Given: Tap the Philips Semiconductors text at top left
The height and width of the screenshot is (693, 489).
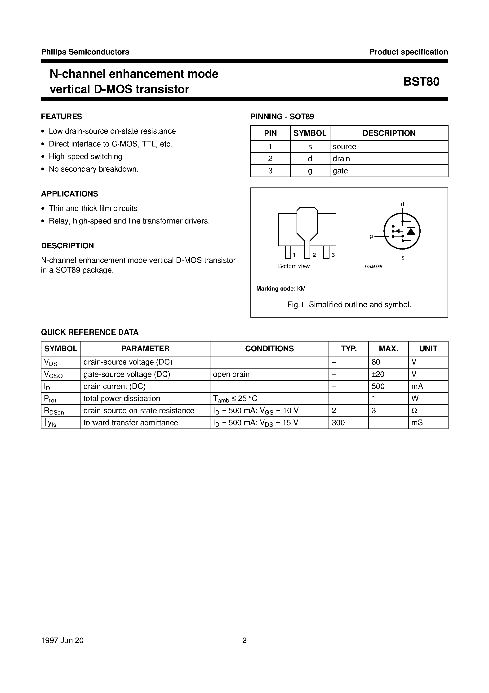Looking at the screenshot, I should pyautogui.click(x=85, y=52).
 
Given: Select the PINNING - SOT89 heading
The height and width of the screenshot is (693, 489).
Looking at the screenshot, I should pyautogui.click(x=282, y=117).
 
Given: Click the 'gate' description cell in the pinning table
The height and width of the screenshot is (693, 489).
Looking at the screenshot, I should pyautogui.click(x=340, y=171).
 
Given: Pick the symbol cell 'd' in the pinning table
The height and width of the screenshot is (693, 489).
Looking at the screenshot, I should pyautogui.click(x=310, y=159).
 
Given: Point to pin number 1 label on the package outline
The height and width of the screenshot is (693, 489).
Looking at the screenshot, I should pyautogui.click(x=294, y=255).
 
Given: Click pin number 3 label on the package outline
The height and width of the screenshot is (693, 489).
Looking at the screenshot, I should pyautogui.click(x=333, y=255).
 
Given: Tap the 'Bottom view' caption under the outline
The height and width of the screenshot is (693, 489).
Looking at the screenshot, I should pyautogui.click(x=294, y=266).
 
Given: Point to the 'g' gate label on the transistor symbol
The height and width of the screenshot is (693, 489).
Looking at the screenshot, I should pyautogui.click(x=371, y=237).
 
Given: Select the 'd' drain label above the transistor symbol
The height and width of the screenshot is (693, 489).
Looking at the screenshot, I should pyautogui.click(x=402, y=204).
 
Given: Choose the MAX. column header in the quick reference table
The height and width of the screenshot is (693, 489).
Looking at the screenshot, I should pyautogui.click(x=388, y=349).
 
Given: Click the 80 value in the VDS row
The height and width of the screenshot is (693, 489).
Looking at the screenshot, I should pyautogui.click(x=376, y=362).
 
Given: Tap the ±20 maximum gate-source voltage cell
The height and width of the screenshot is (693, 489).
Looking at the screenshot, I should pyautogui.click(x=378, y=374).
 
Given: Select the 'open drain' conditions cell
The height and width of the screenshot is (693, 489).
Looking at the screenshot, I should pyautogui.click(x=231, y=374).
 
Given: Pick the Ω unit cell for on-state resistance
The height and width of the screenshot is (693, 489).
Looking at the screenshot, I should pyautogui.click(x=414, y=411).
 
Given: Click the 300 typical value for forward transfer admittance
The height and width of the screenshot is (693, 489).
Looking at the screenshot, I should pyautogui.click(x=338, y=423).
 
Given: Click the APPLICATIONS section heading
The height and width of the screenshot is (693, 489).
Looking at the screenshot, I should pyautogui.click(x=70, y=194).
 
